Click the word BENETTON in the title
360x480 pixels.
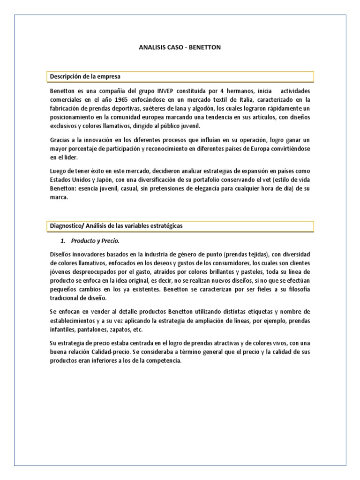[205, 47]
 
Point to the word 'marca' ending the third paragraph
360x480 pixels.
[58, 197]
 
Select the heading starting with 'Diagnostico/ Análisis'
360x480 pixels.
[116, 226]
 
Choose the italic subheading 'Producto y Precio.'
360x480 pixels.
[95, 241]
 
